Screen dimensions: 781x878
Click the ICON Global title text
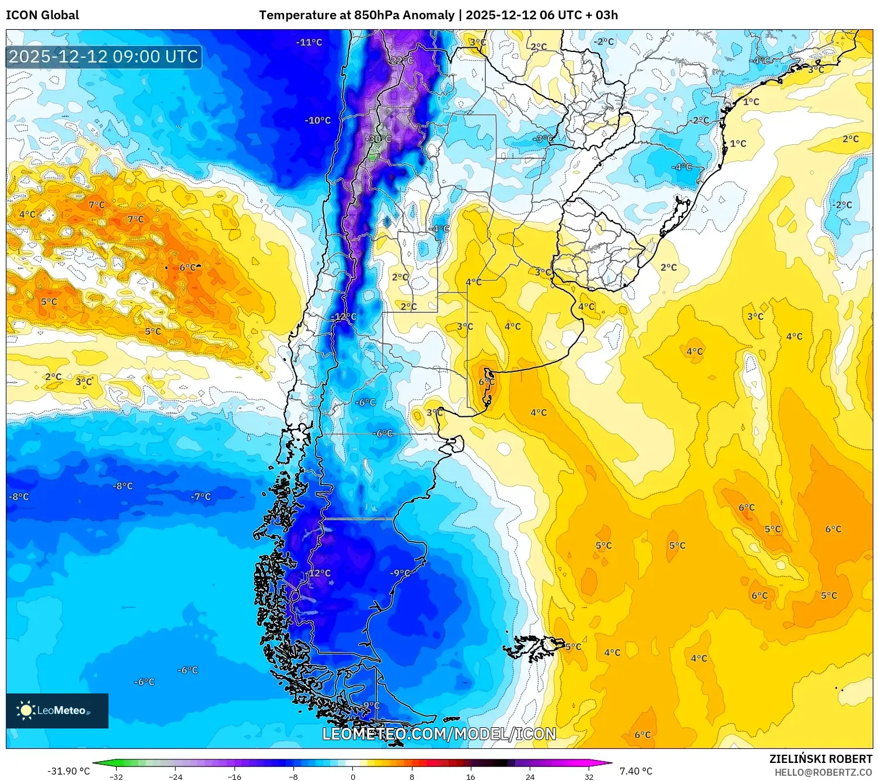coord(42,15)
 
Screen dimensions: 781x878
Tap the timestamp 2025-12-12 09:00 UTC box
coord(104,57)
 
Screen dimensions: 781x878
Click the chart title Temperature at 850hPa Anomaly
coord(356,15)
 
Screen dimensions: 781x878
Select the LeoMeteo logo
coord(57,710)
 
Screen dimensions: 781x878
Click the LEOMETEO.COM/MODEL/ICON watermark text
coord(439,734)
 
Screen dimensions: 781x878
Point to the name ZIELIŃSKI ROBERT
coord(820,759)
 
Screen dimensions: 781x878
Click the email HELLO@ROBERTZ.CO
coord(823,772)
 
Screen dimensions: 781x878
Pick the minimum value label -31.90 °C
coord(69,771)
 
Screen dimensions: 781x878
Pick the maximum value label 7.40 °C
coord(636,771)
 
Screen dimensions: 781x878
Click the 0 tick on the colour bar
coord(352,776)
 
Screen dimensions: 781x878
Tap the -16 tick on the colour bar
coord(235,776)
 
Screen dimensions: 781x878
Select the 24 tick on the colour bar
coord(530,776)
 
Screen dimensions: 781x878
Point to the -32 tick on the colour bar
coord(117,776)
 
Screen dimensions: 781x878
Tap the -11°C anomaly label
coord(309,42)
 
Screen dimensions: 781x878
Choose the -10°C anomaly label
coord(317,120)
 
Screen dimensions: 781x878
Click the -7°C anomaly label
coord(201,497)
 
